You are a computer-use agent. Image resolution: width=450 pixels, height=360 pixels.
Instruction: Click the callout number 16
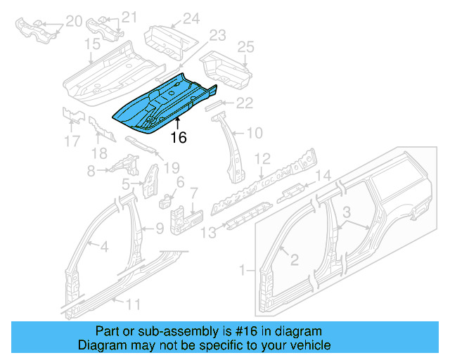click(179, 137)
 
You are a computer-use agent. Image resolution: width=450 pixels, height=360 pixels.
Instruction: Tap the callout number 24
click(191, 19)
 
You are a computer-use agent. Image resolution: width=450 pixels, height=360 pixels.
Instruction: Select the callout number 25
click(245, 47)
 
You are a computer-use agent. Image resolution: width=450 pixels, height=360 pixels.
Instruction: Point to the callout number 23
click(217, 34)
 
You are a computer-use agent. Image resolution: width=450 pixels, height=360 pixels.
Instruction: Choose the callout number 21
click(129, 17)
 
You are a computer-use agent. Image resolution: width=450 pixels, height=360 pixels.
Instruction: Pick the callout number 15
click(93, 44)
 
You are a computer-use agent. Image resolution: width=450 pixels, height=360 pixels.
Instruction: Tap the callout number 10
click(254, 131)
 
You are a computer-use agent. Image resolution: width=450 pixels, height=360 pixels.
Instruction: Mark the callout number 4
click(103, 246)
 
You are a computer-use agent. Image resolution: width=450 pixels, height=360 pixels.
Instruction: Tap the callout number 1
click(243, 269)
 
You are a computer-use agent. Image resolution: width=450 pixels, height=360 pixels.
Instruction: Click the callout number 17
click(72, 141)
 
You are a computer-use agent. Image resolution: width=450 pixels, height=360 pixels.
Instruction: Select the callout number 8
click(91, 170)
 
